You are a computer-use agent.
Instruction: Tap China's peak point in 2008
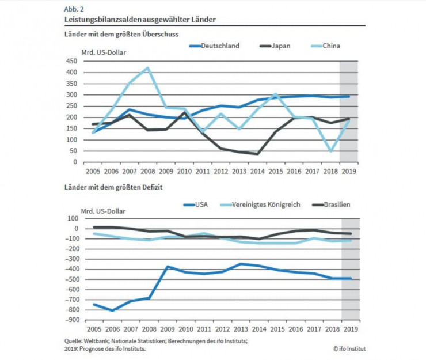point(148,67)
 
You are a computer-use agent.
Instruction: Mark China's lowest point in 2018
point(331,151)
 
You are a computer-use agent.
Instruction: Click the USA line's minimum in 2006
point(112,310)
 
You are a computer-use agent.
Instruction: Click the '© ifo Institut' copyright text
point(349,348)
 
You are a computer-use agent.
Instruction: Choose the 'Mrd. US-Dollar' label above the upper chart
point(104,52)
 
